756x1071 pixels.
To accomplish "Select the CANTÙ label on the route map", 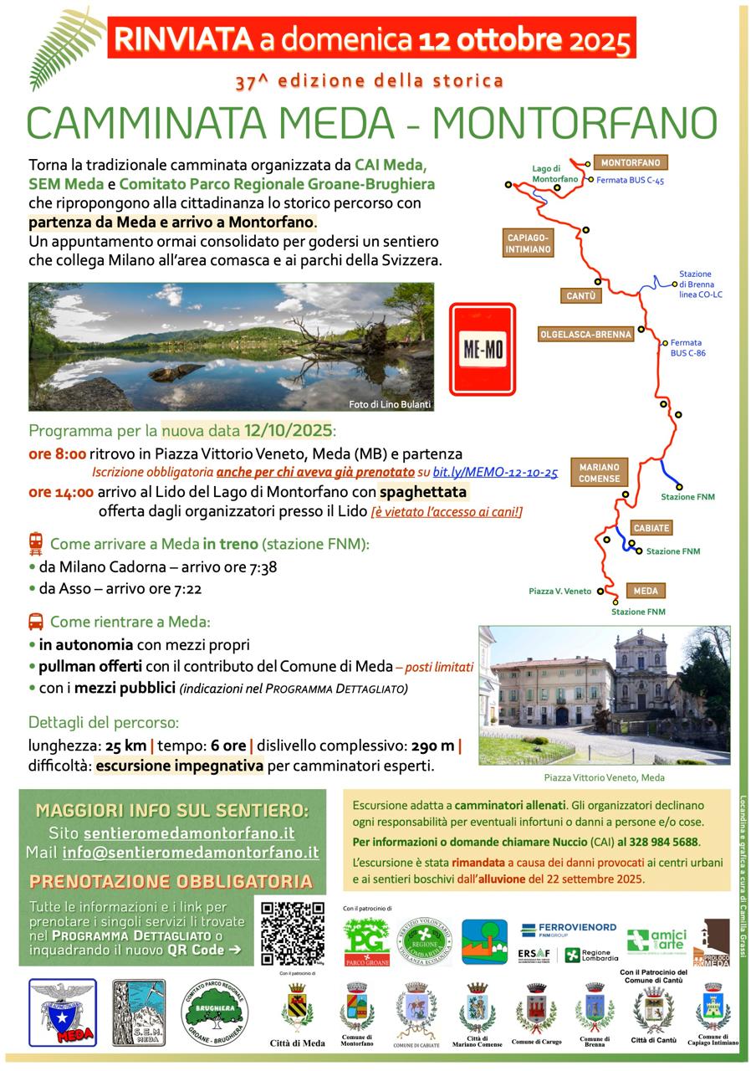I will coord(580,295).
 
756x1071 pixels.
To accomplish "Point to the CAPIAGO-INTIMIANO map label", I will coord(529,243).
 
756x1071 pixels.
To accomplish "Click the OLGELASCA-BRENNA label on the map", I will coord(585,335).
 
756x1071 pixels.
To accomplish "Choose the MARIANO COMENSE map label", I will coord(598,473).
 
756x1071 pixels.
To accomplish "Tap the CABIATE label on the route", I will coord(651,528).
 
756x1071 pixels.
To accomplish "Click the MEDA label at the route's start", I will coord(645,591).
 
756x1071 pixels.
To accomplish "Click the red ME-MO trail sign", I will coord(483,350).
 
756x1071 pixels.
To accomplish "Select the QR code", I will coord(292,933).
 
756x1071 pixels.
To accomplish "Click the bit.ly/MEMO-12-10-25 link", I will coord(494,472).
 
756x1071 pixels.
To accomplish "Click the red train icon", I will coord(36,543).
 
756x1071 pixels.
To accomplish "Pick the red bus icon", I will coord(36,623).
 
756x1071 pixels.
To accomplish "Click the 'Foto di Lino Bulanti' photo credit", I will coord(390,404).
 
